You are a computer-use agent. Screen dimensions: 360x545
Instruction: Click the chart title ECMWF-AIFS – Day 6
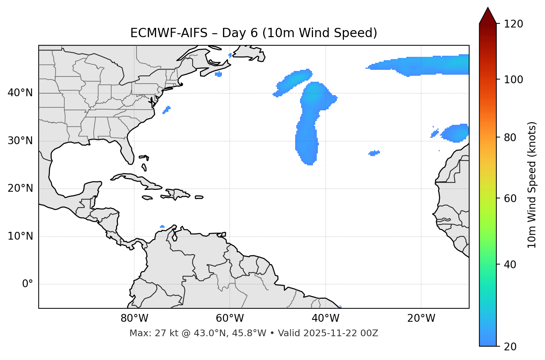pyautogui.click(x=254, y=33)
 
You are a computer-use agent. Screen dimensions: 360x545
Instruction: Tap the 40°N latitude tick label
pyautogui.click(x=20, y=93)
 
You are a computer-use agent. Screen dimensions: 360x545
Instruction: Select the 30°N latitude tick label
pyautogui.click(x=20, y=141)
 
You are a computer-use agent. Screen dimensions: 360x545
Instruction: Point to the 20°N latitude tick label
pyautogui.click(x=20, y=188)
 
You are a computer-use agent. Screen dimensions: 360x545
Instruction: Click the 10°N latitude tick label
pyautogui.click(x=20, y=236)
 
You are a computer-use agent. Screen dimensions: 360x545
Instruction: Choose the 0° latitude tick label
pyautogui.click(x=28, y=284)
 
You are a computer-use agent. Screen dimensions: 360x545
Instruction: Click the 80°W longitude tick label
pyautogui.click(x=134, y=318)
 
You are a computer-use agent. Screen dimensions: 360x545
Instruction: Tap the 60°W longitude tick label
pyautogui.click(x=230, y=318)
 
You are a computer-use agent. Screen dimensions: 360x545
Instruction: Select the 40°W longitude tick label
pyautogui.click(x=326, y=318)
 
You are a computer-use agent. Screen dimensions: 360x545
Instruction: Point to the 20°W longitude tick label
pyautogui.click(x=421, y=318)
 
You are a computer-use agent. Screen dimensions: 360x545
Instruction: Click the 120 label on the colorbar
pyautogui.click(x=513, y=24)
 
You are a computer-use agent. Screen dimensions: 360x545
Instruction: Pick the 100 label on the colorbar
pyautogui.click(x=513, y=80)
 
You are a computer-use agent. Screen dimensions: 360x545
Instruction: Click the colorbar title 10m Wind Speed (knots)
pyautogui.click(x=532, y=185)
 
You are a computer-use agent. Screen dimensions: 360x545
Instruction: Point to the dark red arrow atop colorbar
pyautogui.click(x=488, y=16)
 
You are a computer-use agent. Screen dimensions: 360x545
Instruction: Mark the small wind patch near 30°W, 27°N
pyautogui.click(x=374, y=153)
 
